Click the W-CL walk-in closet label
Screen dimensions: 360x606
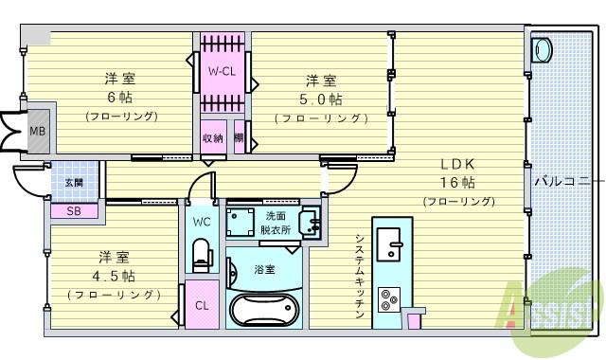tap(223, 71)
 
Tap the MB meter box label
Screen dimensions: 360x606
tap(36, 132)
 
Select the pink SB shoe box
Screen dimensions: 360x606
tap(73, 210)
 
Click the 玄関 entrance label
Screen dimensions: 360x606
tap(74, 182)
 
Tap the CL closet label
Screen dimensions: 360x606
tap(202, 306)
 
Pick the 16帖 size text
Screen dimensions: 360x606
tap(456, 182)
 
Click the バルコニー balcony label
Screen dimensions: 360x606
tap(564, 178)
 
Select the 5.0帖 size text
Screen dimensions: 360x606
tap(320, 99)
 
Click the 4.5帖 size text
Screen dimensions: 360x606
tap(114, 277)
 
